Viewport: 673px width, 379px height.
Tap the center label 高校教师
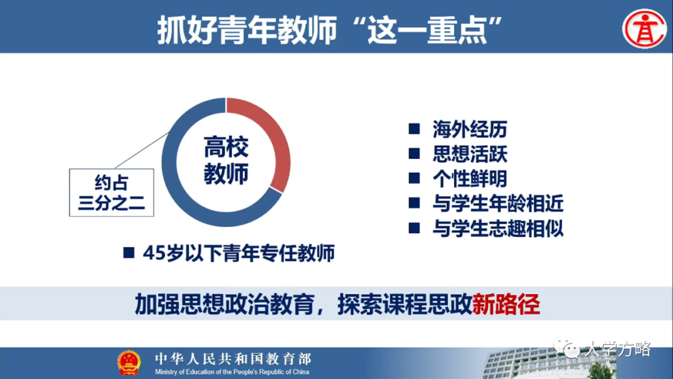(x=226, y=161)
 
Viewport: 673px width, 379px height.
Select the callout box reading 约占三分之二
(x=112, y=193)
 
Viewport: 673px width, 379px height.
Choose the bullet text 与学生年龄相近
(x=498, y=203)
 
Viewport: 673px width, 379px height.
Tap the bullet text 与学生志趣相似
(x=498, y=228)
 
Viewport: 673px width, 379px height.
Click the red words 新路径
(x=506, y=304)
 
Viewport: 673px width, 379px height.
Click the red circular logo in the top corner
(x=645, y=27)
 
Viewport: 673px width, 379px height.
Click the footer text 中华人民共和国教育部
(x=232, y=358)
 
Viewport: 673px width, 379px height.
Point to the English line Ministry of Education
(x=232, y=372)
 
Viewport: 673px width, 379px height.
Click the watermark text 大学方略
(x=617, y=350)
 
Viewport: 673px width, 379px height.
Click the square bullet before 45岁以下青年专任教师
(x=129, y=254)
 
